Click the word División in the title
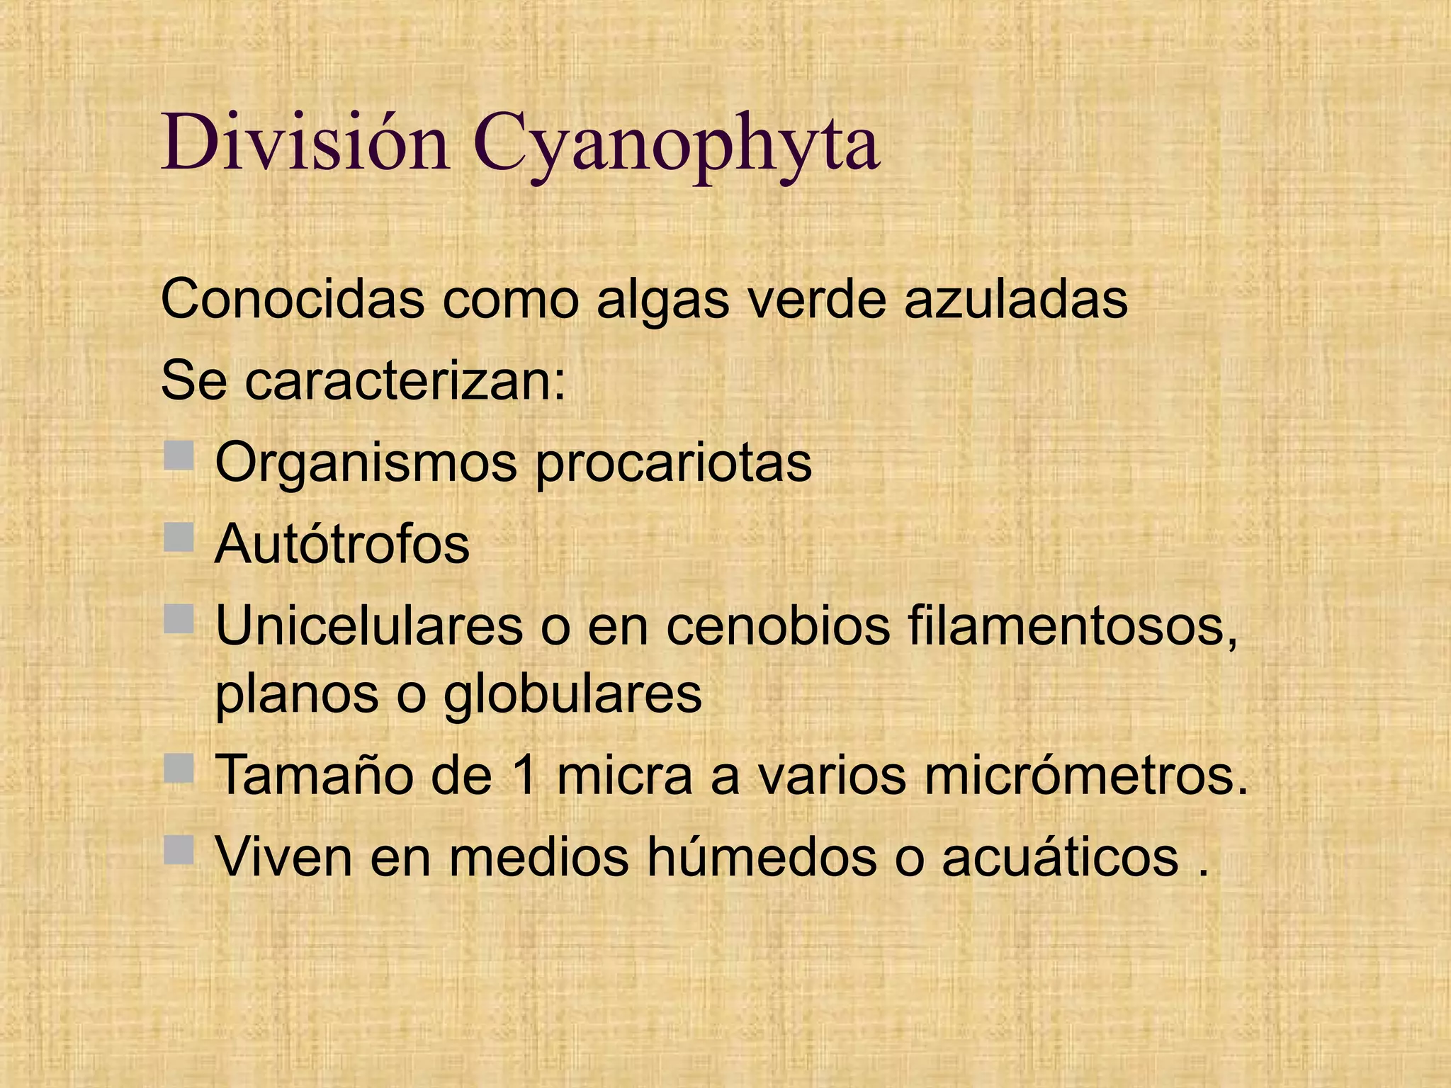(305, 143)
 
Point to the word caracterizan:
(406, 381)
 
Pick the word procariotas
(673, 464)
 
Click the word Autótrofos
(342, 545)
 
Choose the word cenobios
(778, 626)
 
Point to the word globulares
(572, 695)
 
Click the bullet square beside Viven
(179, 849)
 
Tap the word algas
(662, 299)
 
